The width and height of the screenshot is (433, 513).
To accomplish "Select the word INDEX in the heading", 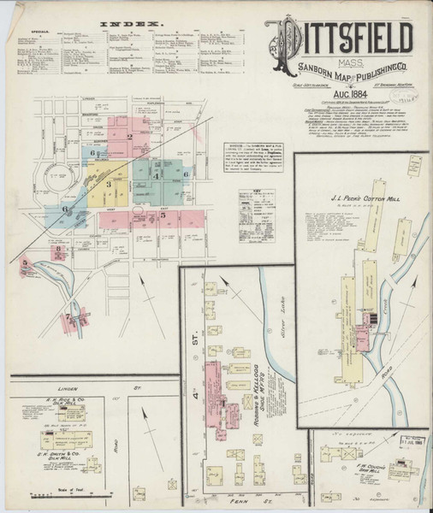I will (130, 26).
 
